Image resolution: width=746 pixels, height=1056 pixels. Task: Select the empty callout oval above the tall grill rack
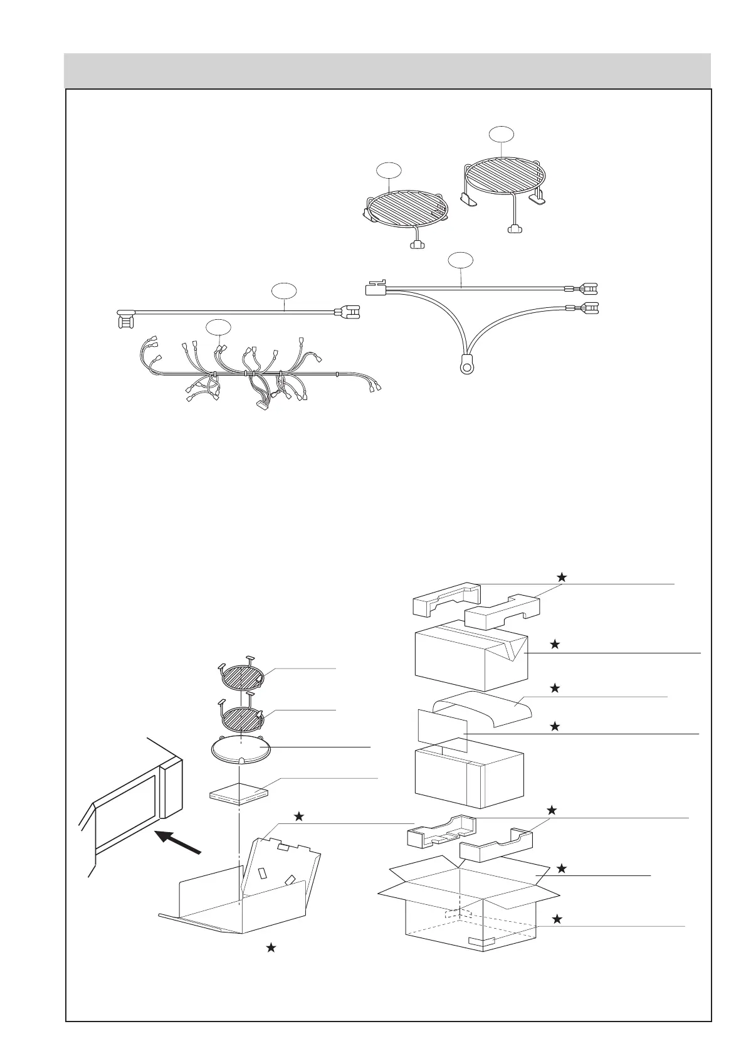[501, 134]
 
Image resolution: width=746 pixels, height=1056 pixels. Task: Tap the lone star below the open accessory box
[271, 948]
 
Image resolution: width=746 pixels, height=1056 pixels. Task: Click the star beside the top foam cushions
[562, 577]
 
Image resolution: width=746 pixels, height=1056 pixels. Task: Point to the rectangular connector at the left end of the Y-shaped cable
[375, 288]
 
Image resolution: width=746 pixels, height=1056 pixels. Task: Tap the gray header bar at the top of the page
[387, 71]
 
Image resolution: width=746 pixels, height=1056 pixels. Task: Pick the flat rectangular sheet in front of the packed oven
[443, 731]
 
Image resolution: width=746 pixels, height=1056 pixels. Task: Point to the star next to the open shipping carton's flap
[562, 869]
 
